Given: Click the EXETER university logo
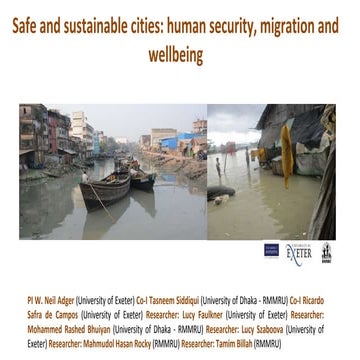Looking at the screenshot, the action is point(299,252).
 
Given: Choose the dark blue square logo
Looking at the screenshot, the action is point(271,251).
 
